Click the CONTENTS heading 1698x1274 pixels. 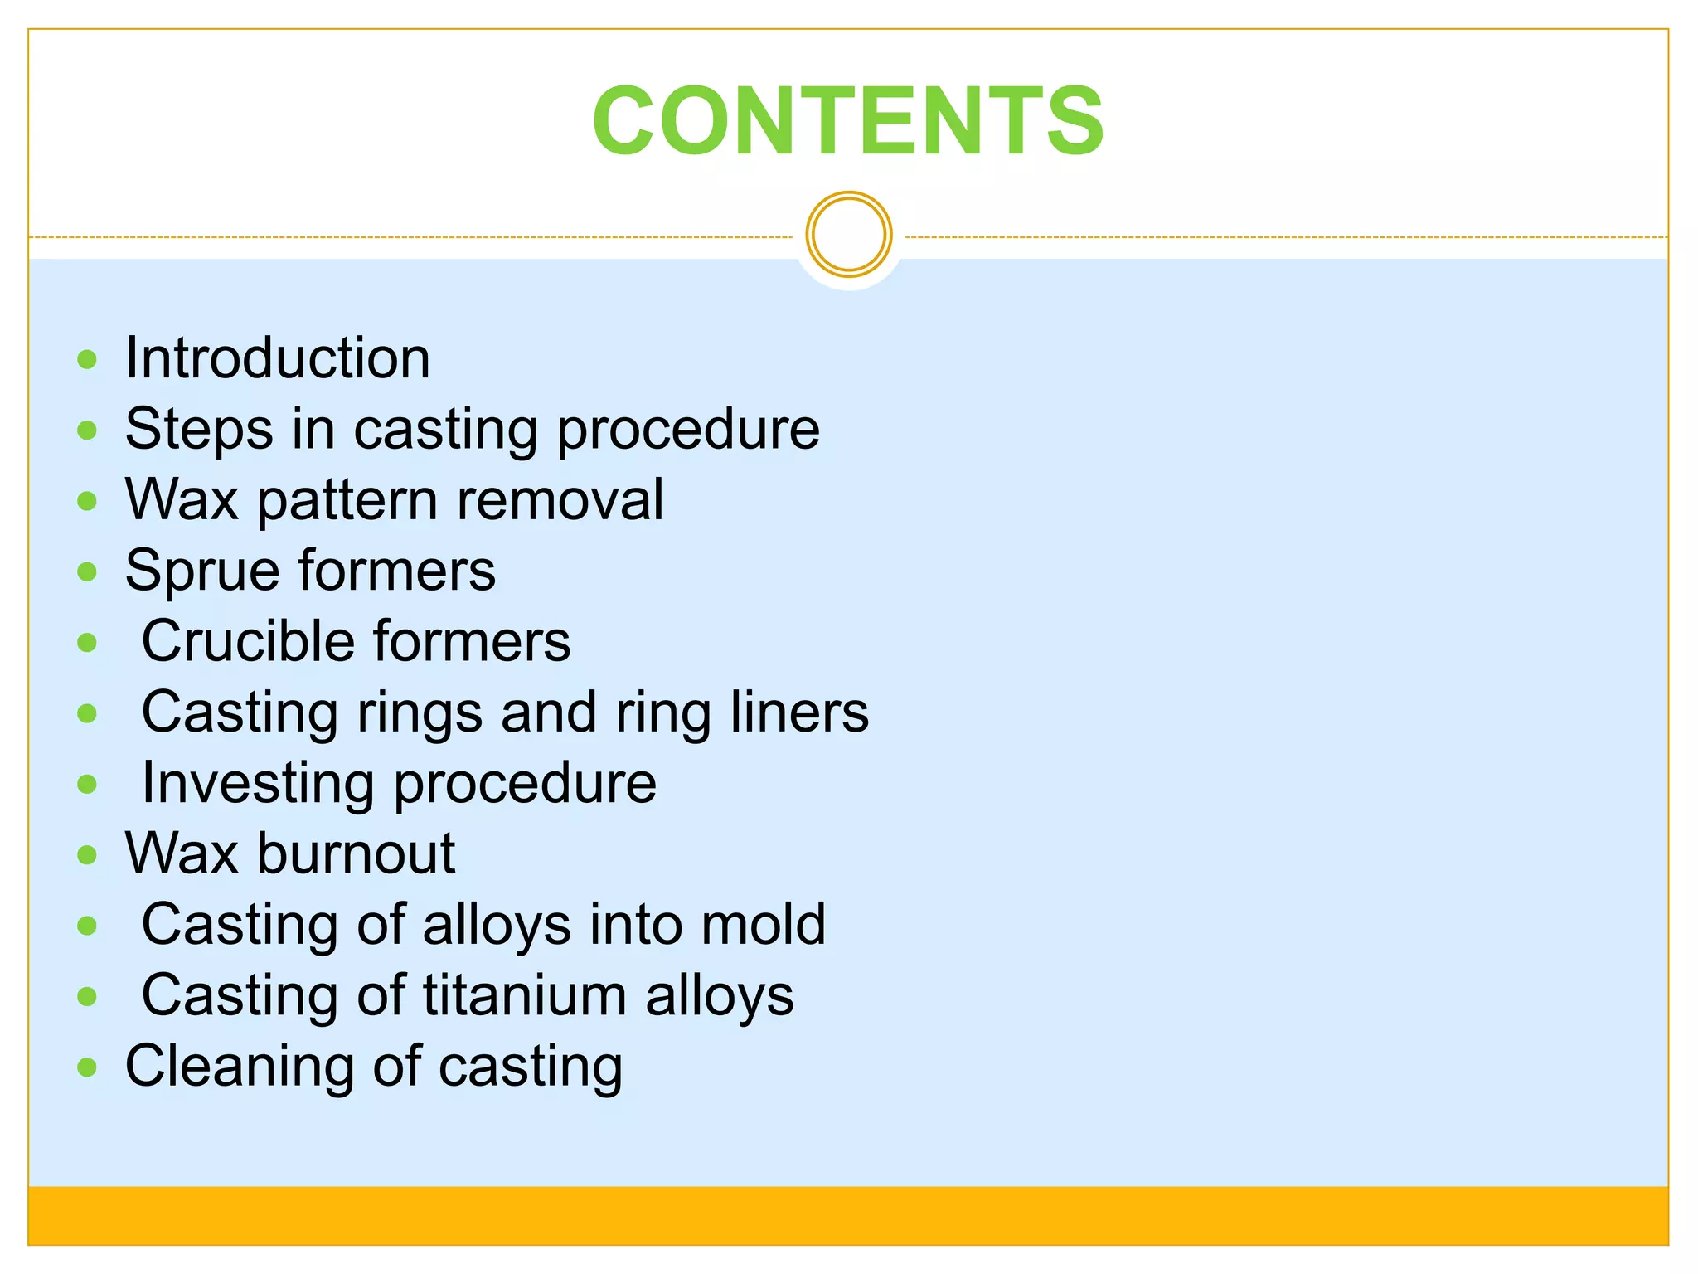click(848, 121)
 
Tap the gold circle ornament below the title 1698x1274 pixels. click(848, 235)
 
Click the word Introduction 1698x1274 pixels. click(278, 358)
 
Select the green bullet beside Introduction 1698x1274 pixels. click(87, 360)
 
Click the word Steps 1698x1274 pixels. click(199, 430)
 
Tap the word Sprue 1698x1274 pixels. click(202, 572)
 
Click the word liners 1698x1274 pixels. click(799, 712)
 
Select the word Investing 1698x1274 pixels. click(258, 784)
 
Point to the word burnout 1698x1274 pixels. click(356, 853)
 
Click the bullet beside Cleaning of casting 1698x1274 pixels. click(87, 1067)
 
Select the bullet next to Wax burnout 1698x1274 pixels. click(87, 855)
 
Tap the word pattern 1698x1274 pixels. click(347, 502)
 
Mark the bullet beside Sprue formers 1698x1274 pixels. click(87, 571)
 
